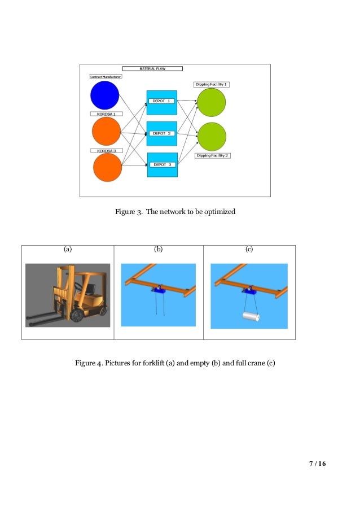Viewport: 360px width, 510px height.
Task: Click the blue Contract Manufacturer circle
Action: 104,95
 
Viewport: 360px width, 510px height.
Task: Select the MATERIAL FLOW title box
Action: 152,68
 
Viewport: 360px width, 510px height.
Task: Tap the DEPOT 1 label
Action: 161,101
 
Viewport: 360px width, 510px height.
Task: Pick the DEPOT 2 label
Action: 161,134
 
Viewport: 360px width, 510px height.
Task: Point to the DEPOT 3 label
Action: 161,164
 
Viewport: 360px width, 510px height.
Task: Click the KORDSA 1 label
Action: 106,114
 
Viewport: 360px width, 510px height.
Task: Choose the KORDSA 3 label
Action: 106,151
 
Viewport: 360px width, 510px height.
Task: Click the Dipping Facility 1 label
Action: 211,84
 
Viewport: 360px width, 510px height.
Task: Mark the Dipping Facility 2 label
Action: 212,155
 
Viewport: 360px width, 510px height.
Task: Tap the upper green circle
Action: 211,102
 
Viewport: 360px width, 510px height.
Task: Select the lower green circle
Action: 212,137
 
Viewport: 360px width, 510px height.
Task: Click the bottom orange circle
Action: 107,168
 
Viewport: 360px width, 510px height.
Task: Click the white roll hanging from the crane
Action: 250,317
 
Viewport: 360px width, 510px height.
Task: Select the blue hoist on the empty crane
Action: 157,291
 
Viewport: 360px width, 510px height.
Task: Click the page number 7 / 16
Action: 318,464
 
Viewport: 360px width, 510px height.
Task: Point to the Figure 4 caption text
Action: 175,362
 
